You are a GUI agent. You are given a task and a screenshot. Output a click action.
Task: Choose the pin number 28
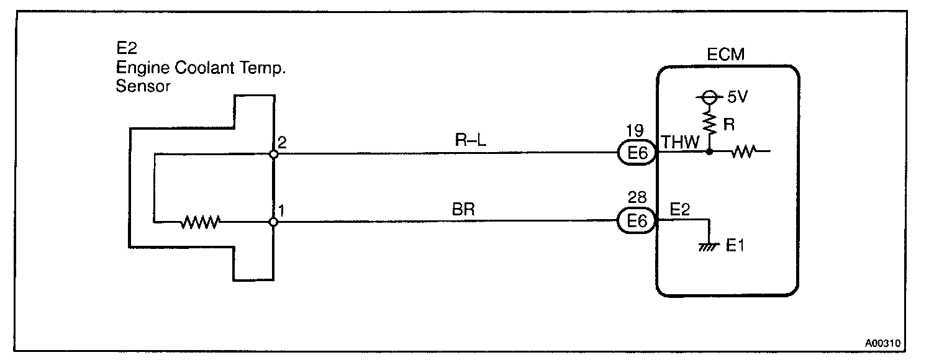[637, 199]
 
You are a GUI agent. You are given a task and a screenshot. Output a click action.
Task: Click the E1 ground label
[735, 246]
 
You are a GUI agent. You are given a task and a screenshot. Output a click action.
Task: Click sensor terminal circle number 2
[273, 153]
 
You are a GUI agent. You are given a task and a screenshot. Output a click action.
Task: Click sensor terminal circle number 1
[273, 222]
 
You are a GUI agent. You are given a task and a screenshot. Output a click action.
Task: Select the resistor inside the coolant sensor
[201, 222]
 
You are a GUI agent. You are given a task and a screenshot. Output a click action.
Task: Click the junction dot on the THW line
[709, 151]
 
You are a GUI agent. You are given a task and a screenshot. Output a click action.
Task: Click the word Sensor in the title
[143, 86]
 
